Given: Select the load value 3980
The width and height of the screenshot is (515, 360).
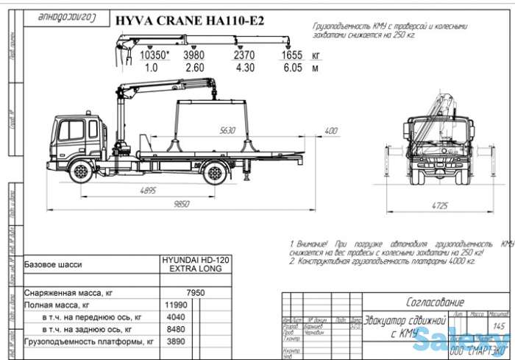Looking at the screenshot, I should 193,55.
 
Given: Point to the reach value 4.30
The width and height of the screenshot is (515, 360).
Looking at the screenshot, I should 244,68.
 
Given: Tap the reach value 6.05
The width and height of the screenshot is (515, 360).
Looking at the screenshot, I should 292,68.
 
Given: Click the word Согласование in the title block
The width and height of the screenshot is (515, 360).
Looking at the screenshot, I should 436,302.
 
